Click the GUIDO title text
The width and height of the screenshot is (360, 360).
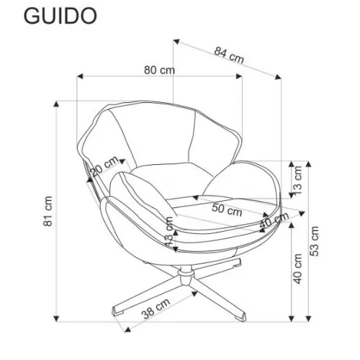[x=60, y=16]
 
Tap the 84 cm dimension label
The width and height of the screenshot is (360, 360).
[x=229, y=55]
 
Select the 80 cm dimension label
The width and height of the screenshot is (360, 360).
[x=159, y=70]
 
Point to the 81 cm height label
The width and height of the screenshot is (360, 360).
[x=48, y=211]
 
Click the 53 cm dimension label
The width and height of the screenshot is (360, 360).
[x=314, y=241]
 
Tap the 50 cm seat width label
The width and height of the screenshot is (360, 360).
[x=227, y=210]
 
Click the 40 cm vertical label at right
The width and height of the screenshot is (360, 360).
[x=297, y=269]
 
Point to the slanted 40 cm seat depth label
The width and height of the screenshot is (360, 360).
[x=274, y=220]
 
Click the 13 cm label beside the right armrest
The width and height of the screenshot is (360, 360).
[x=297, y=181]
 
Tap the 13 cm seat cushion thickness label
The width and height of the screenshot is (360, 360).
[x=169, y=231]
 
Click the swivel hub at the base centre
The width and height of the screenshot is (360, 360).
[x=185, y=276]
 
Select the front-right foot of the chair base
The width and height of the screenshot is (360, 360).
[x=240, y=315]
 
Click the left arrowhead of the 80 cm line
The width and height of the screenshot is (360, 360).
[x=80, y=76]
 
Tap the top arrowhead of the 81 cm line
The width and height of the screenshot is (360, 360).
[x=56, y=104]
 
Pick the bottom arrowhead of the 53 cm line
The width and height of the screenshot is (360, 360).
[x=309, y=318]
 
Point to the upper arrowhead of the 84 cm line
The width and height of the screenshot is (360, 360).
[x=176, y=42]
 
